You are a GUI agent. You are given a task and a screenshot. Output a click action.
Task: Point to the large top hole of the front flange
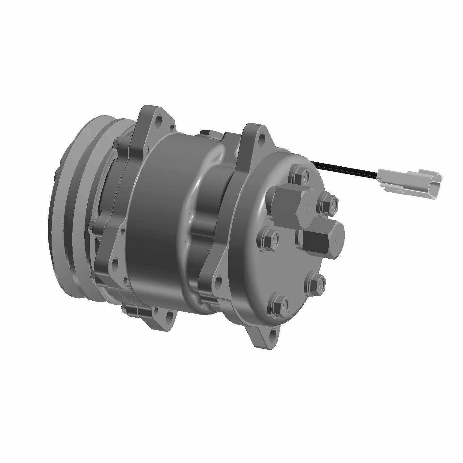[x=159, y=118]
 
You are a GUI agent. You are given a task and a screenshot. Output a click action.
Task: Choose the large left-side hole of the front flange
[x=115, y=263]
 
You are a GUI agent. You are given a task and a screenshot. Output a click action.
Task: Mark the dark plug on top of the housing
[x=204, y=133]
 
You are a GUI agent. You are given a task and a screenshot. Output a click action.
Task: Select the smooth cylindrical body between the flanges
[x=161, y=216]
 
